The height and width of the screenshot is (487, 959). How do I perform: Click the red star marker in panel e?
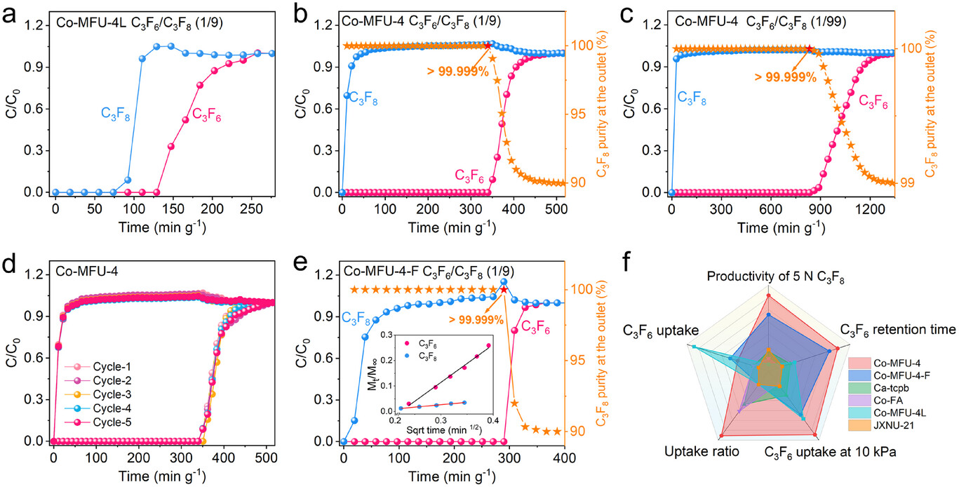503,289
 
